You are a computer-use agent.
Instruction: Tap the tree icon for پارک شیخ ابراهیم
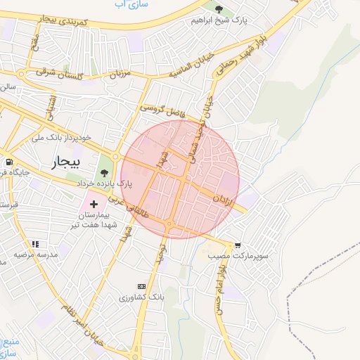pyautogui.click(x=219, y=9)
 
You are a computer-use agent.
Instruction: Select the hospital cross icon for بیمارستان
pyautogui.click(x=94, y=203)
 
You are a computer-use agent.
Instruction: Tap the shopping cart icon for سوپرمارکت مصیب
pyautogui.click(x=239, y=245)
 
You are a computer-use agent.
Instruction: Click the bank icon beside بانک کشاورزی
pyautogui.click(x=141, y=286)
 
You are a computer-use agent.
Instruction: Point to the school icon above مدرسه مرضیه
pyautogui.click(x=35, y=244)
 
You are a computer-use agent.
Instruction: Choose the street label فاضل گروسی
pyautogui.click(x=162, y=108)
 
